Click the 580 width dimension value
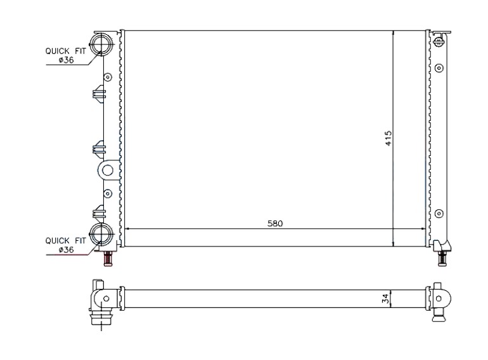275,223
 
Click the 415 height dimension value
388,138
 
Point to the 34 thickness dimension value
385,299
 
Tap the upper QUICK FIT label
65,51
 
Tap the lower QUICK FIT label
65,240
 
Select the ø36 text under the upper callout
66,60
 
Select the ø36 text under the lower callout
66,250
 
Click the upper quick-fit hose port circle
101,44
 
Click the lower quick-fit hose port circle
101,235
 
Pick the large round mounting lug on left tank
108,170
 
